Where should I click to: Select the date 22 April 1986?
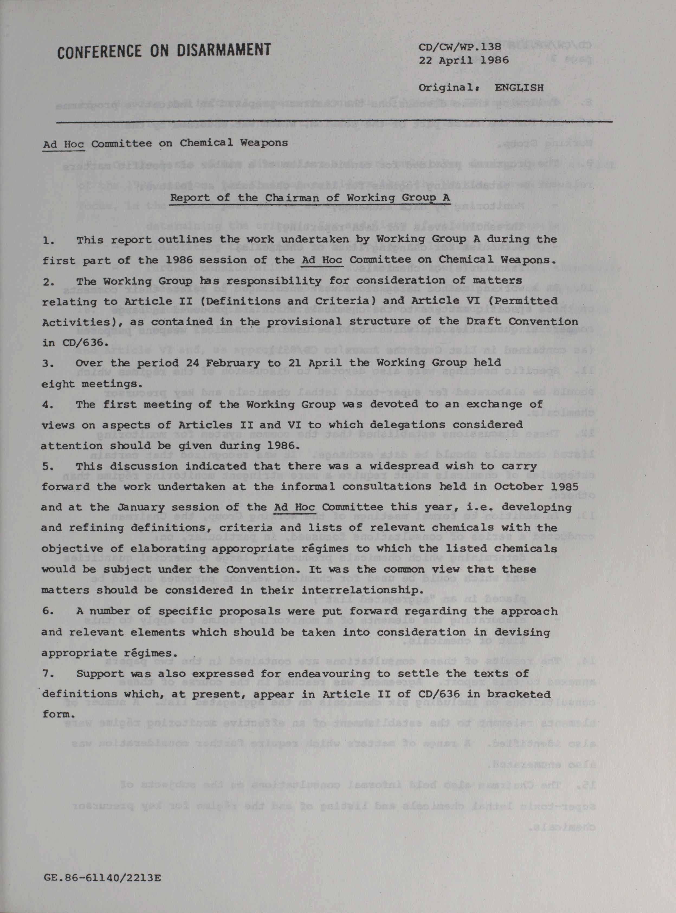pyautogui.click(x=464, y=60)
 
